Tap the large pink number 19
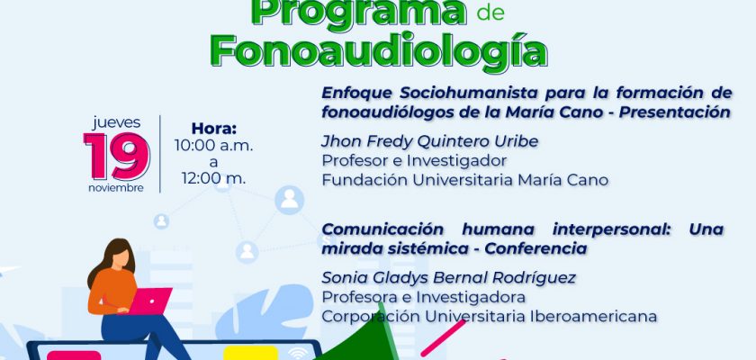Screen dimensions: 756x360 pos(117,156)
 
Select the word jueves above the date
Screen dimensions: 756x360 pos(117,122)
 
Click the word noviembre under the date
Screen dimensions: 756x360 pos(116,188)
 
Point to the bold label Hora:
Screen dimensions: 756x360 pos(214,129)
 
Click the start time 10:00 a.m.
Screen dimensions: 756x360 pos(213,146)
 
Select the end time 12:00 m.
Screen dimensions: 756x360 pos(213,178)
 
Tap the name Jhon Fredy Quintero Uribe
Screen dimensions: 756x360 pos(430,141)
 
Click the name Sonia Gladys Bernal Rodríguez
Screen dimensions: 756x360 pos(449,278)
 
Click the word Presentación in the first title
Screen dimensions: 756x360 pos(675,112)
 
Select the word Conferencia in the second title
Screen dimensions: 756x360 pos(535,248)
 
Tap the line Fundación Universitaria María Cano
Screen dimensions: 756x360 pos(464,180)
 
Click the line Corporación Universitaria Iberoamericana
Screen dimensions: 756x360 pos(490,316)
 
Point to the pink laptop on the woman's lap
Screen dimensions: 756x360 pos(150,301)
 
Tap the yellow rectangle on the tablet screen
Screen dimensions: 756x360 pos(251,353)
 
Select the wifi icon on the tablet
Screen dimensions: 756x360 pos(298,354)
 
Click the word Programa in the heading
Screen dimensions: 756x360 pos(359,12)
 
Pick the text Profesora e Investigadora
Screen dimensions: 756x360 pos(423,297)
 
